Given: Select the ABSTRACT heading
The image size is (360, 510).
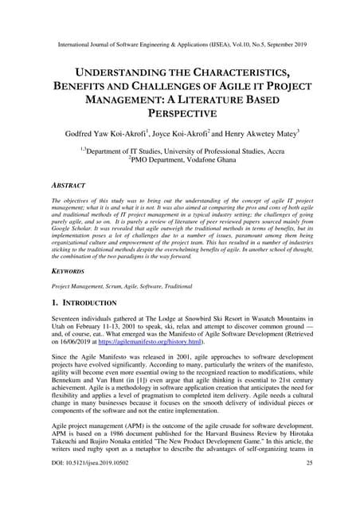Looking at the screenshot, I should (71, 184).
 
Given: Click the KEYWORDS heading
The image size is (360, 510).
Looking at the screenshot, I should (72, 272).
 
